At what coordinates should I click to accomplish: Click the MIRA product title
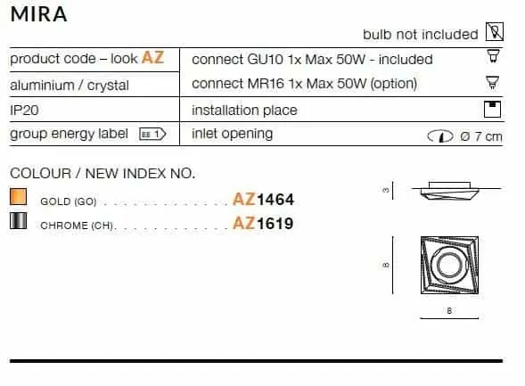[38, 14]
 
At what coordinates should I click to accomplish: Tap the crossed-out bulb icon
[495, 32]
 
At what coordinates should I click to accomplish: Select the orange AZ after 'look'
[153, 57]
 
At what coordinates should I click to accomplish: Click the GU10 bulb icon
[493, 56]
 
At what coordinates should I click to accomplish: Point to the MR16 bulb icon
[493, 82]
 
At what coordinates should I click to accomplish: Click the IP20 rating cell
[24, 110]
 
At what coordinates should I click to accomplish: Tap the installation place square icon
[493, 109]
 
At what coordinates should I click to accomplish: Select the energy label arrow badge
[152, 135]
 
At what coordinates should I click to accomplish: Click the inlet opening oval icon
[440, 136]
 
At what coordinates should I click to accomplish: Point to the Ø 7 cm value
[481, 136]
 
